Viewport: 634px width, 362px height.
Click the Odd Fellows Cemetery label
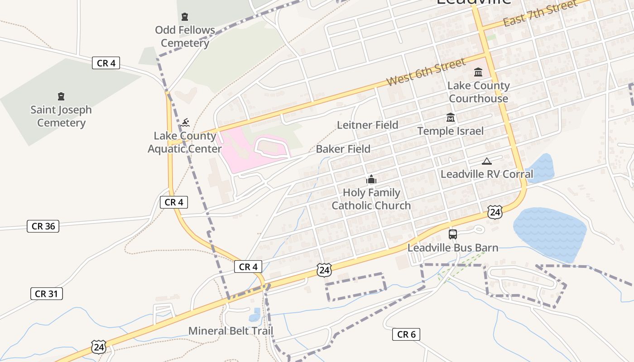185,37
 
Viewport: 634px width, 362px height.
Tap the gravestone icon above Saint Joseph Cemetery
61,96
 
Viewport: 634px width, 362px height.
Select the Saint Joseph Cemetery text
61,116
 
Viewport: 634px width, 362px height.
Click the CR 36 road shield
43,226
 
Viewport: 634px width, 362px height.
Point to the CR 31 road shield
47,294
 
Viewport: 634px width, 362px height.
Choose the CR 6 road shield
406,334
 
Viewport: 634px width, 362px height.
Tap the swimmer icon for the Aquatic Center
185,122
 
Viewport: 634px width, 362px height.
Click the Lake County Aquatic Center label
184,142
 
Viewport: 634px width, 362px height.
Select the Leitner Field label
367,125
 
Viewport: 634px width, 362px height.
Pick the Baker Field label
343,149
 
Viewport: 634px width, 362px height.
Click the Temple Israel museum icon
450,118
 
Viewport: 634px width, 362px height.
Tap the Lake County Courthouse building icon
478,72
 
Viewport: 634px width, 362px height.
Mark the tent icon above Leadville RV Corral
486,161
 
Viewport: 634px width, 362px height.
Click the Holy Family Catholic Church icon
371,180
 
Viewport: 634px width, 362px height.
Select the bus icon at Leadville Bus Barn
453,234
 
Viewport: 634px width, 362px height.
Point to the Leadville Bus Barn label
453,248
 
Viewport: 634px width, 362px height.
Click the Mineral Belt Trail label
231,331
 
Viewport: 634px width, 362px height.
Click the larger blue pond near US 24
550,233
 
